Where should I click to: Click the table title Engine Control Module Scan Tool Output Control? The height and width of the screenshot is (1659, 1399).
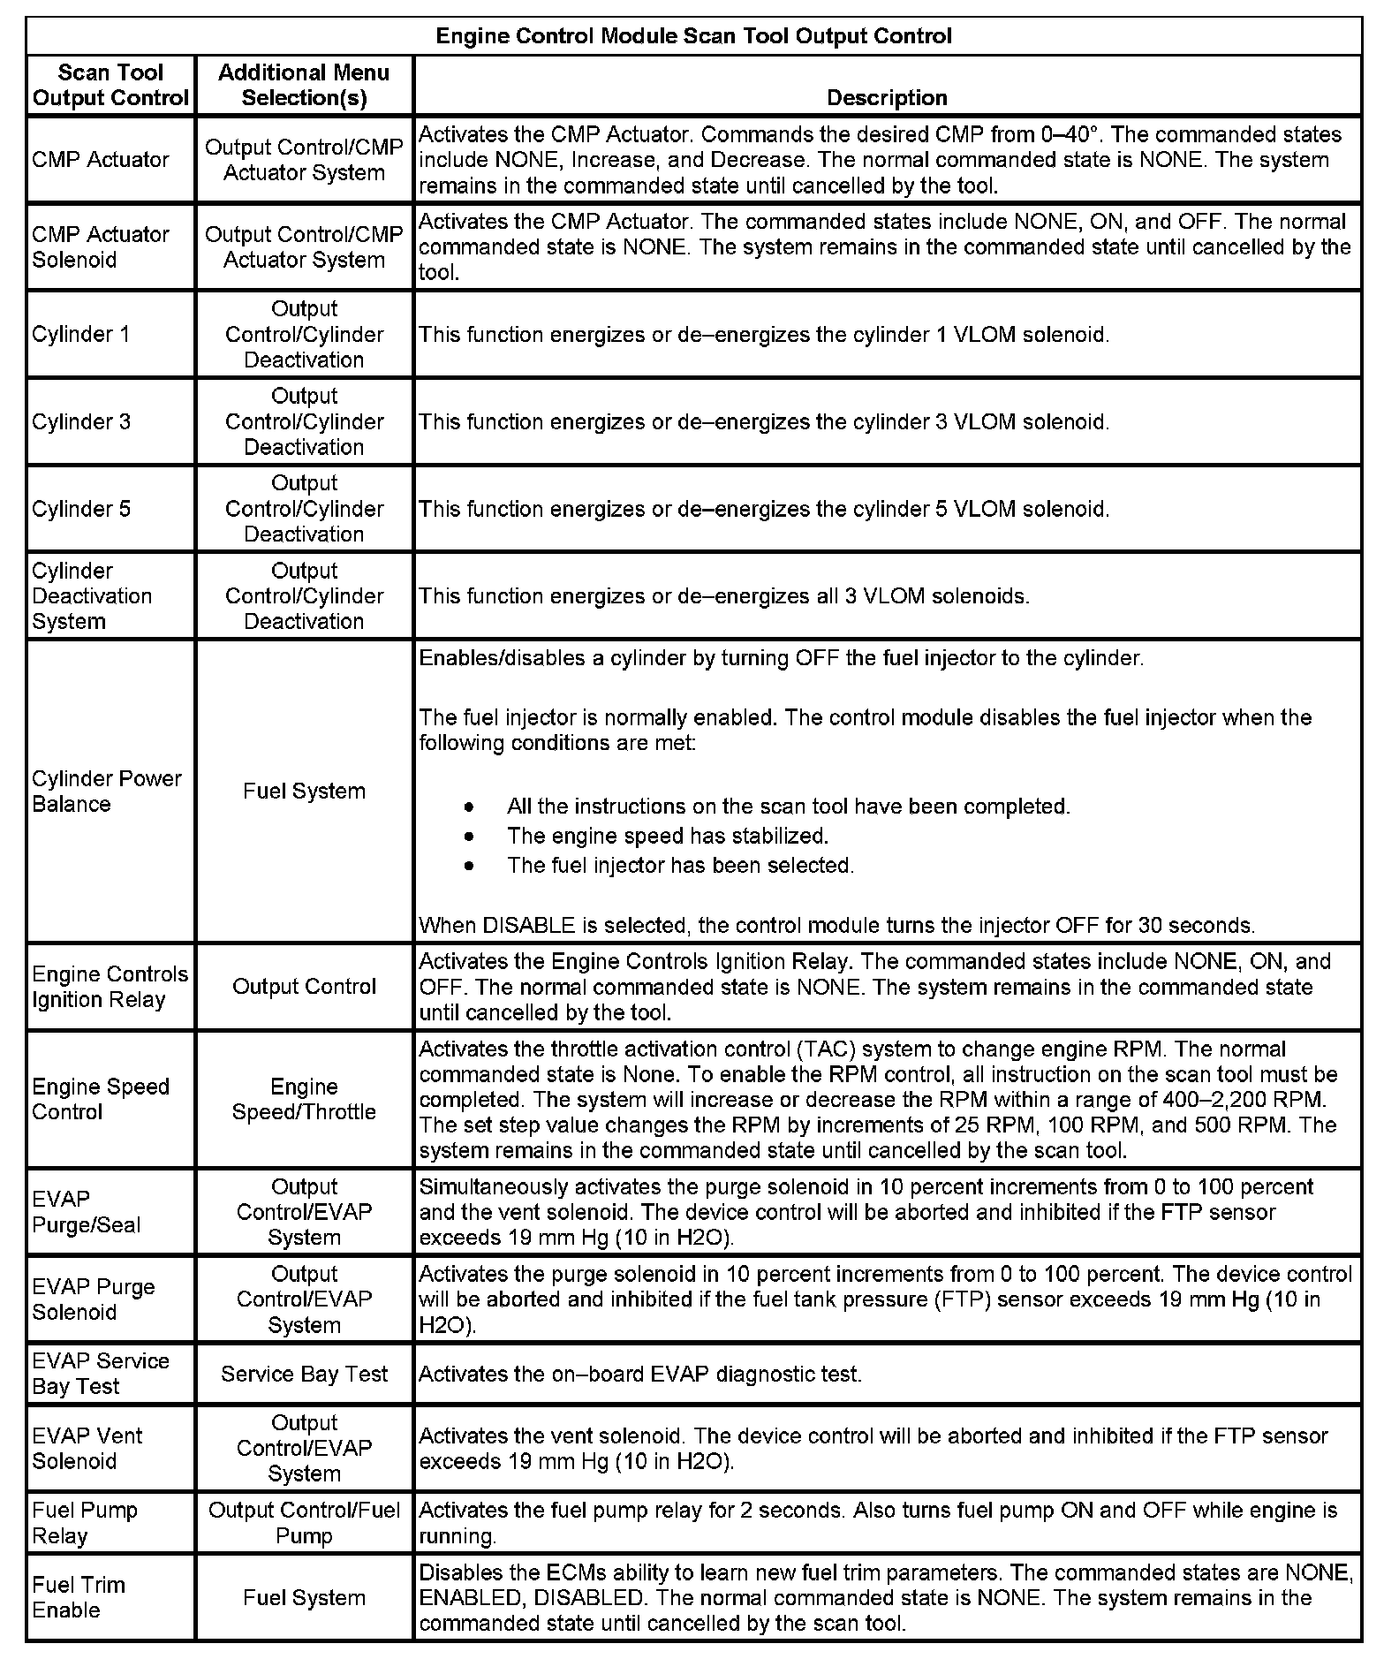693,36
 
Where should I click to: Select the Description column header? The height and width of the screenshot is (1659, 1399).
887,98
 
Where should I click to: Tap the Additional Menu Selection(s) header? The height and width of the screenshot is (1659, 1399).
304,85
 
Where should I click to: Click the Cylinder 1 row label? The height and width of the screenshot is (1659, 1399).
81,335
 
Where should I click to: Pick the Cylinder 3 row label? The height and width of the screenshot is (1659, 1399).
81,421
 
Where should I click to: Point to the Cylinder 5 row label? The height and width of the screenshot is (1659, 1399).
81,509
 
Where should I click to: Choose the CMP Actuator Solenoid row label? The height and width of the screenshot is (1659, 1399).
101,247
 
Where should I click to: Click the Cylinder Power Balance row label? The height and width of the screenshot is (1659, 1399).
106,791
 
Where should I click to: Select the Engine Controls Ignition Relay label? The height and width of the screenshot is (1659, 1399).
110,987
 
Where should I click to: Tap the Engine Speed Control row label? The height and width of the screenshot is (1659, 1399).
101,1099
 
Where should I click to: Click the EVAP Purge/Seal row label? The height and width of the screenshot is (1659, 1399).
87,1212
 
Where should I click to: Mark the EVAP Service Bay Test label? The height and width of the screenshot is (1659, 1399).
101,1373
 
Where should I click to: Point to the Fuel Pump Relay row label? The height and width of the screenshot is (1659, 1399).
85,1523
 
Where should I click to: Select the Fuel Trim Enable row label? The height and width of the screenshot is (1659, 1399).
79,1597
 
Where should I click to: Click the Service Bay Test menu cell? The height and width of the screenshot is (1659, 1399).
304,1374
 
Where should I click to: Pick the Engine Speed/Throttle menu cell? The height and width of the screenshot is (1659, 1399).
304,1099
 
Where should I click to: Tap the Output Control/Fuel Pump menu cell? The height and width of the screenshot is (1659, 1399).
304,1523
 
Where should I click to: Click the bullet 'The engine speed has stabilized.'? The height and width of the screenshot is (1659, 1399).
667,836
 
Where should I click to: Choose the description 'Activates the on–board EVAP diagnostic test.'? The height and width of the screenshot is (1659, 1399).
639,1374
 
